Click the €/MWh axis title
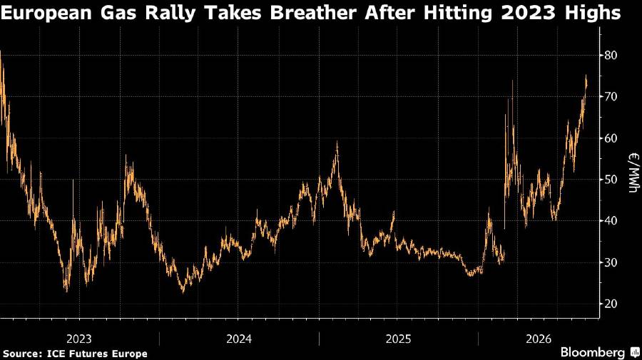[x=634, y=173]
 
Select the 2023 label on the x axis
[x=79, y=339]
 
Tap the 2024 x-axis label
[x=239, y=339]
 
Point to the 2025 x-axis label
[x=398, y=339]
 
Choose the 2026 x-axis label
[x=539, y=339]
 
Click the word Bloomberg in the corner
[x=593, y=352]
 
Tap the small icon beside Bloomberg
[x=635, y=352]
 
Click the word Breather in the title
[x=312, y=13]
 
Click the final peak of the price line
[x=586, y=76]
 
